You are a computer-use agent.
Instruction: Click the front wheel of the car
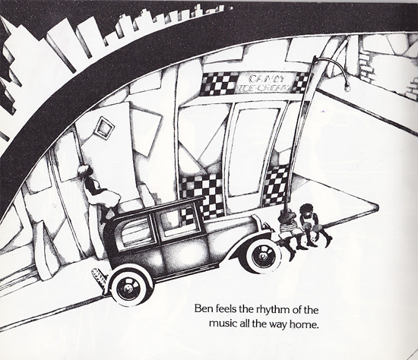[x=263, y=255]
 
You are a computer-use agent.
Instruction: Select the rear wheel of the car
[x=130, y=288]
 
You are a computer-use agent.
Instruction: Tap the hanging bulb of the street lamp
[x=347, y=87]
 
